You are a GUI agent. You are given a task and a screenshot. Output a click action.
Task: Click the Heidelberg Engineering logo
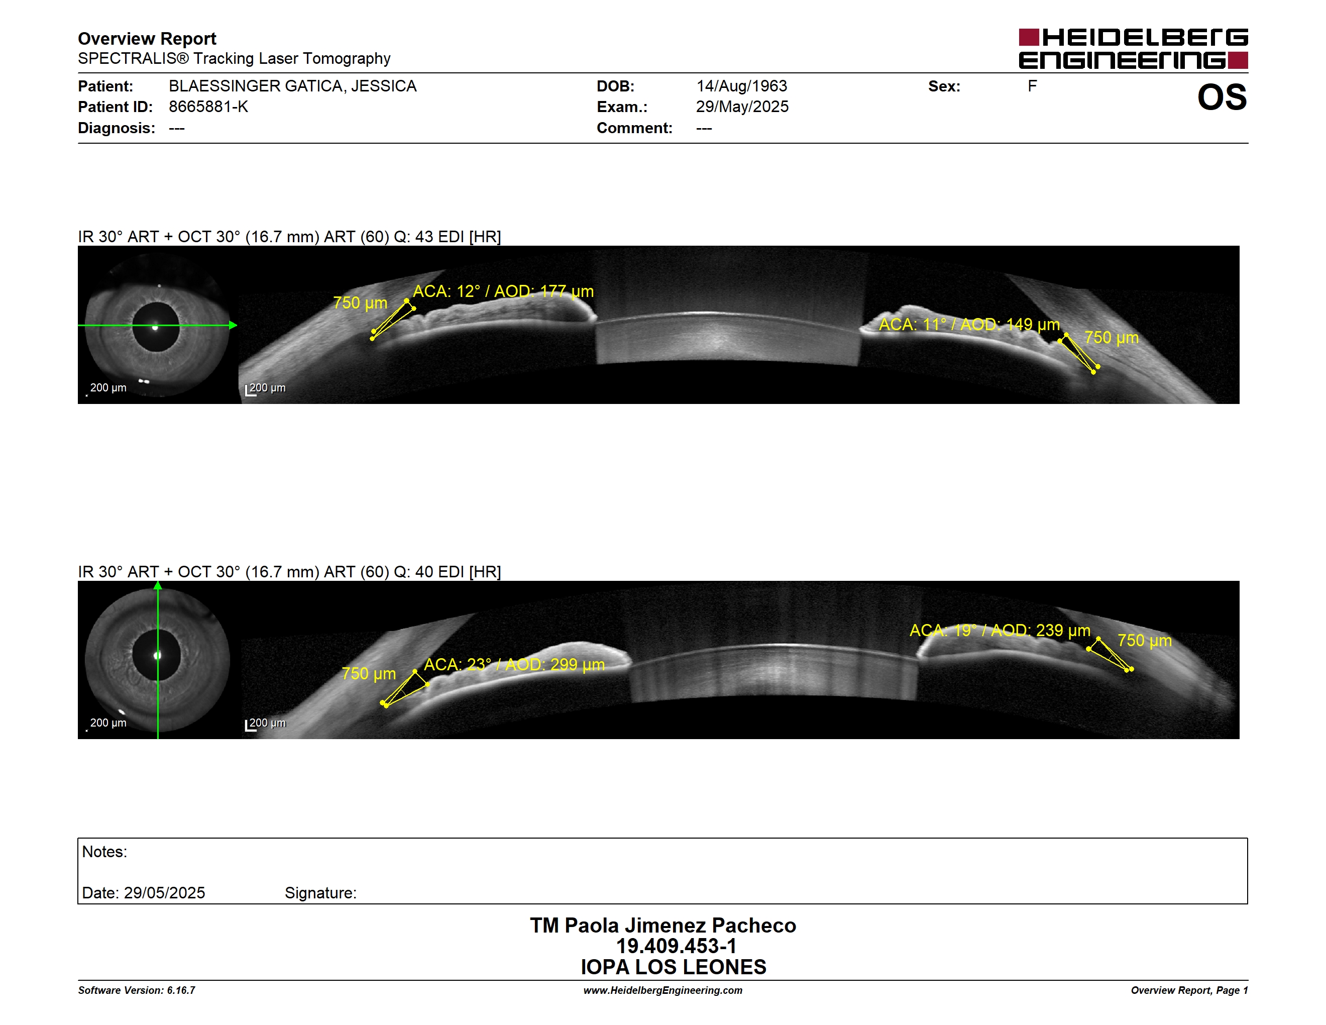pyautogui.click(x=1133, y=49)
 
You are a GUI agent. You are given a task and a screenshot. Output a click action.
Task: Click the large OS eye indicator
pyautogui.click(x=1222, y=97)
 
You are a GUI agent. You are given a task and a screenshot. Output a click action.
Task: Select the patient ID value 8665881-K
pyautogui.click(x=208, y=107)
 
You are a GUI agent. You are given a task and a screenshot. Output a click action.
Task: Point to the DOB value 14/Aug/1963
pyautogui.click(x=741, y=86)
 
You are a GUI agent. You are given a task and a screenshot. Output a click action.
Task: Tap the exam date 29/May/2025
pyautogui.click(x=742, y=107)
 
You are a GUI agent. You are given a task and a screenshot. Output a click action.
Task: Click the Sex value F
pyautogui.click(x=1032, y=86)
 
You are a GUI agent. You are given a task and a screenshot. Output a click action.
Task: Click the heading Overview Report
pyautogui.click(x=147, y=39)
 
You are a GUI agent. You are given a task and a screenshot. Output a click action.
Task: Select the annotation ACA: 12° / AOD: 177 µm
pyautogui.click(x=503, y=291)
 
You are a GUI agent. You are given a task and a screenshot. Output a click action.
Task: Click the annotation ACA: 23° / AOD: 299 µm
pyautogui.click(x=514, y=664)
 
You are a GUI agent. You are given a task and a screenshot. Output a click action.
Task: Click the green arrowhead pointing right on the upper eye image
pyautogui.click(x=233, y=326)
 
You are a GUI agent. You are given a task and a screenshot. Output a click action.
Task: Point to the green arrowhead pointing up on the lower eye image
pyautogui.click(x=158, y=585)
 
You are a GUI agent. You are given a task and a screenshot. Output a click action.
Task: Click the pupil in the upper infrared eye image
pyautogui.click(x=156, y=327)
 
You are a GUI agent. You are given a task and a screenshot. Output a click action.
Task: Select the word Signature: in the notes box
pyautogui.click(x=320, y=893)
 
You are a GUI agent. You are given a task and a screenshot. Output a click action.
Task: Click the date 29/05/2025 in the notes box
pyautogui.click(x=165, y=893)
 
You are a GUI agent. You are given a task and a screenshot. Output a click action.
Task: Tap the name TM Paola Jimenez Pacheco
pyautogui.click(x=663, y=926)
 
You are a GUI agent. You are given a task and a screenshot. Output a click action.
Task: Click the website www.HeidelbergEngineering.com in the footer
pyautogui.click(x=663, y=990)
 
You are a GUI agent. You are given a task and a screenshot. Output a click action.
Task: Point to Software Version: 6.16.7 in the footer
pyautogui.click(x=137, y=990)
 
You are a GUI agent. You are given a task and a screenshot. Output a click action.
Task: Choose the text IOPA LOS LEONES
pyautogui.click(x=674, y=967)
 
